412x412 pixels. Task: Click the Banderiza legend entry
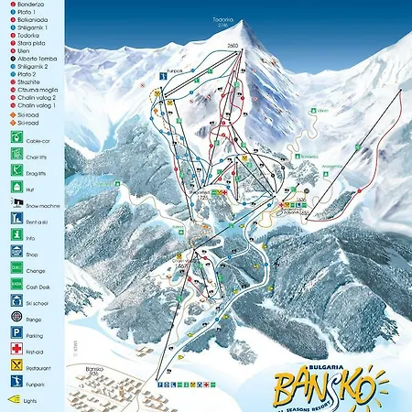pyautogui.click(x=29, y=5)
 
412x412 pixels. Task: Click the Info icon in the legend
pyautogui.click(x=17, y=236)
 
